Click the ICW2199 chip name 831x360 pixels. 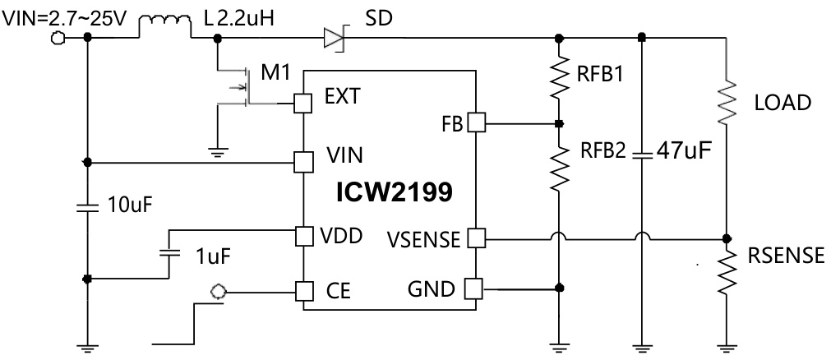(393, 193)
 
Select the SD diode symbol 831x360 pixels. (334, 36)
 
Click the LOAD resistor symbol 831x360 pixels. (726, 100)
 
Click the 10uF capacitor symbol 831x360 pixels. (87, 205)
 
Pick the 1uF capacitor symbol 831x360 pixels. (169, 251)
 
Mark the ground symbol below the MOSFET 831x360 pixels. (216, 150)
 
